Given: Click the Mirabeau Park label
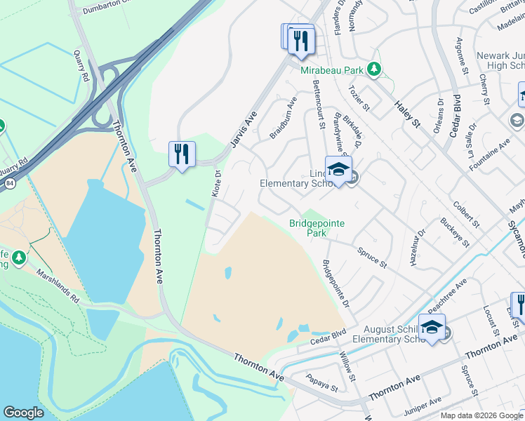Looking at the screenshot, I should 332,71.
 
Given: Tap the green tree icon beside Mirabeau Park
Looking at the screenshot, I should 376,69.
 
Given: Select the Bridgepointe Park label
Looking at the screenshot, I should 317,228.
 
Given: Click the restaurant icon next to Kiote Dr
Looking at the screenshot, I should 182,154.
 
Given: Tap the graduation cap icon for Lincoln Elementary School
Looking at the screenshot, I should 338,170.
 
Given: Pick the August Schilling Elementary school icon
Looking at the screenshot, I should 432,327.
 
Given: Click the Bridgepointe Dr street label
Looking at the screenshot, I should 335,283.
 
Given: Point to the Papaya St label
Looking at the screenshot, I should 322,383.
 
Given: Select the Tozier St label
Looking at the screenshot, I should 359,99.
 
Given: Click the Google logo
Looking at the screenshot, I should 23,413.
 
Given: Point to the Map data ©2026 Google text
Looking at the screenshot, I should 481,415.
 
